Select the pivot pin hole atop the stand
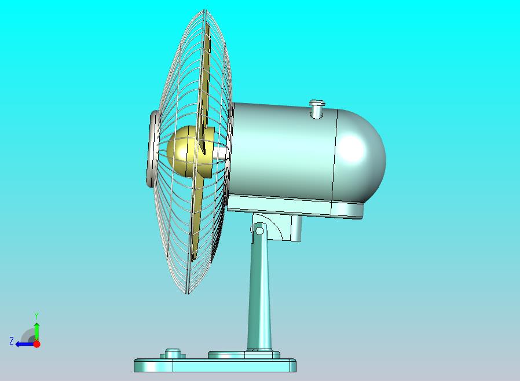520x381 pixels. pyautogui.click(x=260, y=231)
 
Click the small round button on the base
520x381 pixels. pyautogui.click(x=173, y=353)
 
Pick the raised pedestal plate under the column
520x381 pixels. pyautogui.click(x=243, y=354)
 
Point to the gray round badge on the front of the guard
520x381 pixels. pyautogui.click(x=152, y=148)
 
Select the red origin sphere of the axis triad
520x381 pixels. pyautogui.click(x=36, y=344)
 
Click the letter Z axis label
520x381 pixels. pyautogui.click(x=11, y=341)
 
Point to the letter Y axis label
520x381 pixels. pyautogui.click(x=36, y=316)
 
